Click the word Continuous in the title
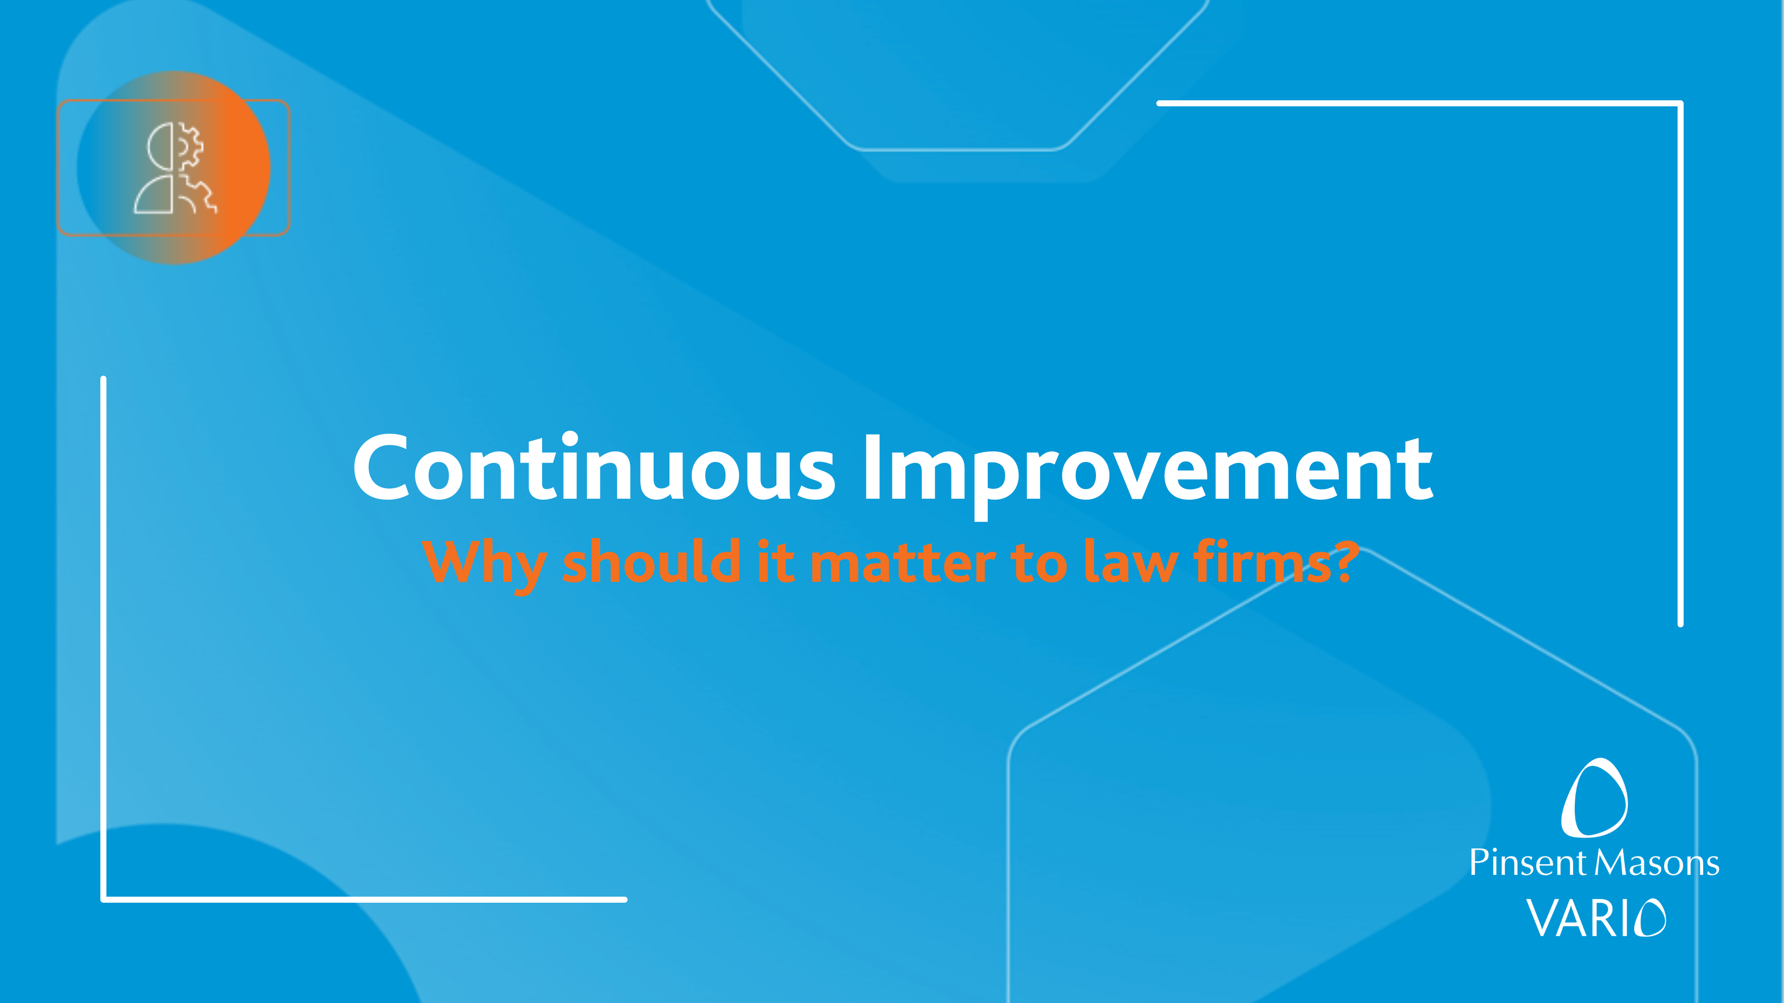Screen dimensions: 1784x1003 coord(594,467)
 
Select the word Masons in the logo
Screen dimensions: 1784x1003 coord(1657,862)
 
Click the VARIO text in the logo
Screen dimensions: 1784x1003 coord(1596,918)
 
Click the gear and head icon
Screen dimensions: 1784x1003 coord(175,168)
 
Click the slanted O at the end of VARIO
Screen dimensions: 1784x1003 coord(1651,918)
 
